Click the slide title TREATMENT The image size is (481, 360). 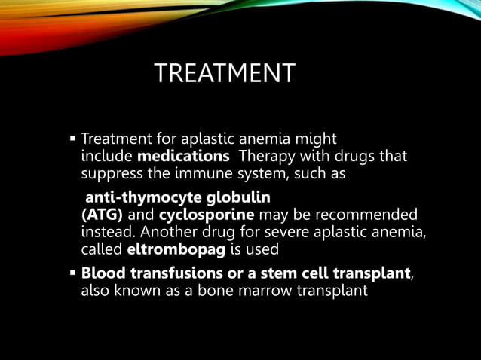tap(224, 74)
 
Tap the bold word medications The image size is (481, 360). tap(183, 157)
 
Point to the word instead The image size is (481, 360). tap(106, 231)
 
